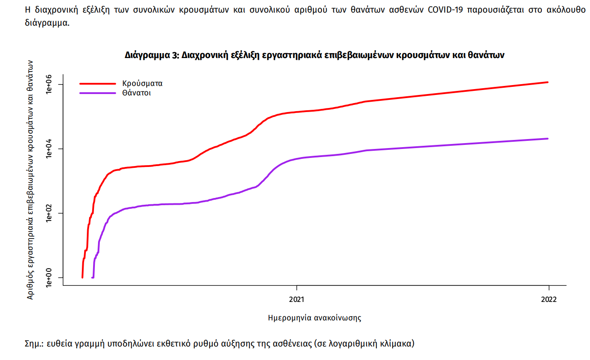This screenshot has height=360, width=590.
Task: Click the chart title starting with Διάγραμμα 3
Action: click(x=315, y=55)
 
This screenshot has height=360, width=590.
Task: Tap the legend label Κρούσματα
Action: click(x=142, y=83)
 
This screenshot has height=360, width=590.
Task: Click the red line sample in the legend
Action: click(x=98, y=83)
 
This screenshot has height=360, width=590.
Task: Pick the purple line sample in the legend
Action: click(x=98, y=93)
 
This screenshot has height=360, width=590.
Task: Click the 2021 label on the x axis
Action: click(x=297, y=299)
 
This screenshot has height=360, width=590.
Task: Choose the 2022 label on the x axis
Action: click(x=549, y=299)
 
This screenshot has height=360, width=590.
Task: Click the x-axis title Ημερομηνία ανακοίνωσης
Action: click(x=314, y=318)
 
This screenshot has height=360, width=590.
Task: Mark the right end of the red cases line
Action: click(x=548, y=82)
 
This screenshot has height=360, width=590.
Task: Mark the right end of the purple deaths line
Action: click(x=548, y=139)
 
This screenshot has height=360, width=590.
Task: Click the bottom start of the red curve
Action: click(x=82, y=277)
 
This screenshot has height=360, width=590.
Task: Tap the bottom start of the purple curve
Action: click(x=93, y=277)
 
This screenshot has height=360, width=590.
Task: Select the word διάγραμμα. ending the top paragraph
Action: click(x=47, y=22)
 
